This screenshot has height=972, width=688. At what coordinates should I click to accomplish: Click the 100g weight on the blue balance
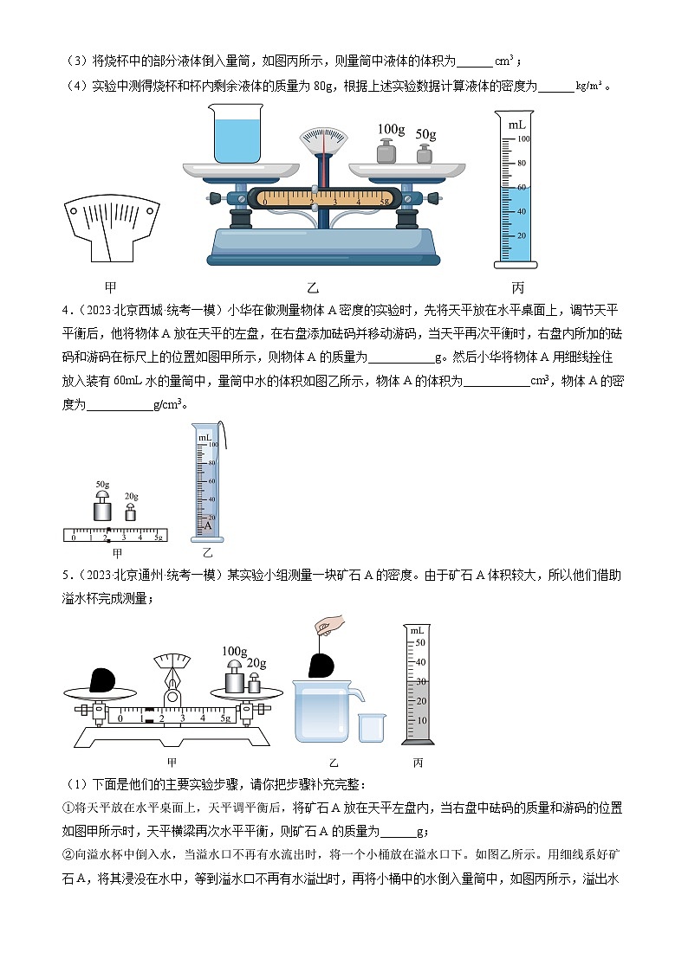(x=386, y=151)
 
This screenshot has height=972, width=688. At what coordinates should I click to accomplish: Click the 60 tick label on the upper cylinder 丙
(x=522, y=187)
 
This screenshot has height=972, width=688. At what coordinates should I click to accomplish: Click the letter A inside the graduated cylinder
(x=206, y=525)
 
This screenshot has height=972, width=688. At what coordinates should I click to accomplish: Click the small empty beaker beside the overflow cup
(x=372, y=727)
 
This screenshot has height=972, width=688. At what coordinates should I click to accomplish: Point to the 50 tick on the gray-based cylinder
(x=421, y=643)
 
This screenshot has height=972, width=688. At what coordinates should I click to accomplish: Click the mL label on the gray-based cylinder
(x=418, y=630)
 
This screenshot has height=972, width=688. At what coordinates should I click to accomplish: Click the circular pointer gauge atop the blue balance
(x=321, y=138)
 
